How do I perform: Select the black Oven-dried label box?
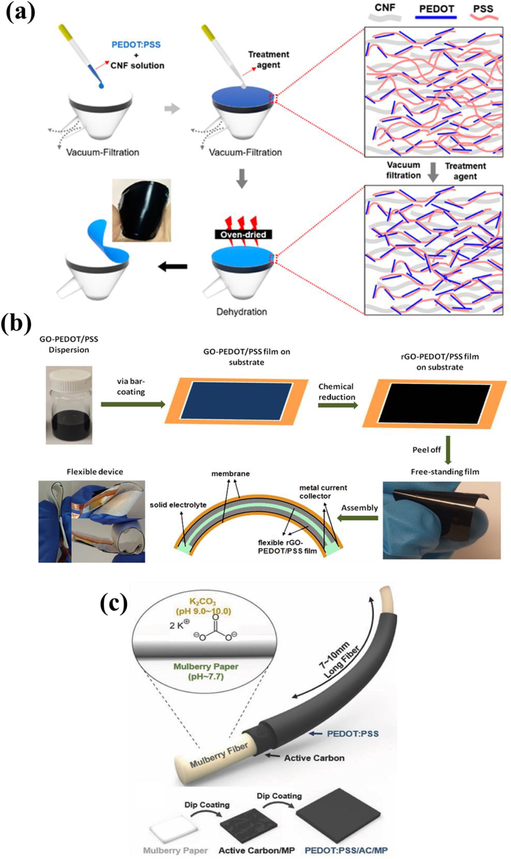243,234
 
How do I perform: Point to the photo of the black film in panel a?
141,210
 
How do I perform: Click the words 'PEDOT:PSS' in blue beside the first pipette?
136,45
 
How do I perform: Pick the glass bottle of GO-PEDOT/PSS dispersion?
69,404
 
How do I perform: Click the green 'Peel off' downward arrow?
448,450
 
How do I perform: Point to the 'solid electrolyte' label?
178,505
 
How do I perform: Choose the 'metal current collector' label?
323,492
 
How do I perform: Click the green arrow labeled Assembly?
358,518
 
